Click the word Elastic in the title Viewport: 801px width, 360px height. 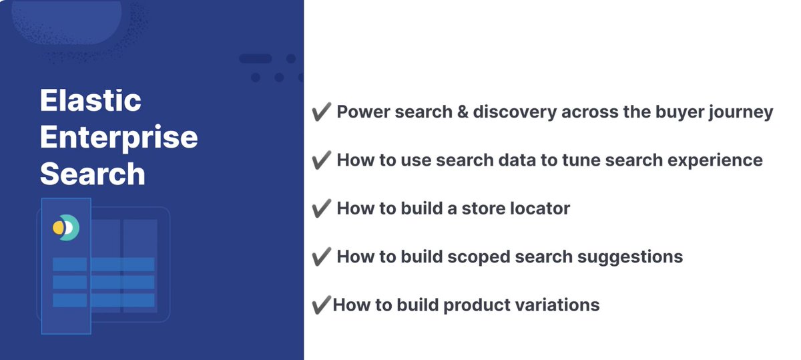click(90, 102)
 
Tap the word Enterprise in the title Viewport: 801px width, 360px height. click(119, 138)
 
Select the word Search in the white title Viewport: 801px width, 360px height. click(92, 174)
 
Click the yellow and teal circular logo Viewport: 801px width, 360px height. click(66, 228)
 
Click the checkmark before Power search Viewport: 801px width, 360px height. click(322, 112)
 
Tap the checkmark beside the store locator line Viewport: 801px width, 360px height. click(322, 208)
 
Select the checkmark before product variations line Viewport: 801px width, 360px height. click(320, 305)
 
